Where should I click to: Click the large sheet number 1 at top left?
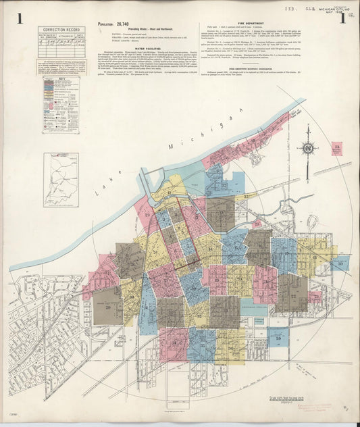[x=21, y=18]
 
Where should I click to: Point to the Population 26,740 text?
[x=113, y=24]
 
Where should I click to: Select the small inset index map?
[x=61, y=179]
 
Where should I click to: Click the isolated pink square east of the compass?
[x=336, y=149]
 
